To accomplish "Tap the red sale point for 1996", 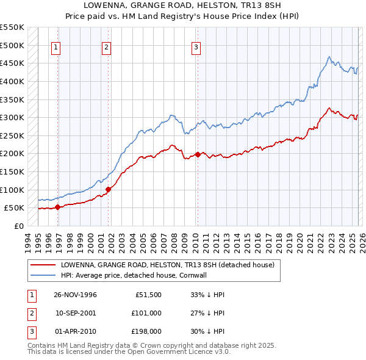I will pyautogui.click(x=58, y=207).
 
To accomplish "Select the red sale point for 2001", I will pyautogui.click(x=108, y=189).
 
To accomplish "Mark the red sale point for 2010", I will pyautogui.click(x=198, y=154).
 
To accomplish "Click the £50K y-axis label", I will pyautogui.click(x=14, y=207).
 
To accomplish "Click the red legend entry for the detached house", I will pyautogui.click(x=168, y=265).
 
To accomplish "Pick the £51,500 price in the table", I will pyautogui.click(x=148, y=294).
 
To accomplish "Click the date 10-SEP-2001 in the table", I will pyautogui.click(x=76, y=313).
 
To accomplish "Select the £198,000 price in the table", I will pyautogui.click(x=146, y=332).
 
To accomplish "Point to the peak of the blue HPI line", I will pyautogui.click(x=329, y=57).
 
